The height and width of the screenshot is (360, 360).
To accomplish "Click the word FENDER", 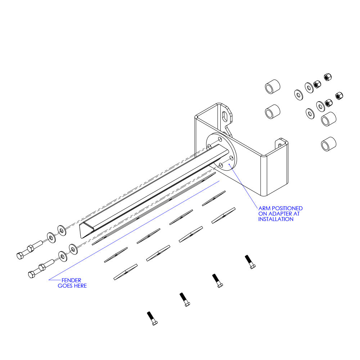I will (71, 280).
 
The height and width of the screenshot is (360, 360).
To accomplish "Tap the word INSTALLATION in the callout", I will (276, 219).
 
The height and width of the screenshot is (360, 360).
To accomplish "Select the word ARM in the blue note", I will (264, 208).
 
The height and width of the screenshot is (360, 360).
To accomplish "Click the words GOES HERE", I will (72, 286).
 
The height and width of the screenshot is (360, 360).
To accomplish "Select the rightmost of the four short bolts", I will (250, 262).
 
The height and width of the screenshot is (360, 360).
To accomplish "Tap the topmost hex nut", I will (328, 77).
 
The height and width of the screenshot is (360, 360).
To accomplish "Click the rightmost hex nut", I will (339, 96).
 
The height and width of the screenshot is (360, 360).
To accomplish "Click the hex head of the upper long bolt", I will (20, 256).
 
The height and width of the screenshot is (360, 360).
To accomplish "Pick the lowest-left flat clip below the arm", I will (125, 272).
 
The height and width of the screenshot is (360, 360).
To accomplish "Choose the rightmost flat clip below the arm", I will (223, 215).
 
